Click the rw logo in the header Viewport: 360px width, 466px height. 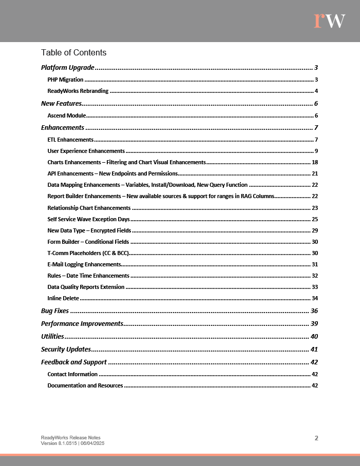click(x=329, y=21)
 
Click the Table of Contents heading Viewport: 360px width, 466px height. click(x=73, y=52)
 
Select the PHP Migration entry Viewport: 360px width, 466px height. click(x=65, y=80)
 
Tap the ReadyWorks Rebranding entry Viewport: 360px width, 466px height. click(x=78, y=91)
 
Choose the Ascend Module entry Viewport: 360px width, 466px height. click(x=66, y=115)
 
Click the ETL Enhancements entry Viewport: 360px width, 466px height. click(x=70, y=140)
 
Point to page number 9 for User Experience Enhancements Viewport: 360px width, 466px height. click(x=316, y=151)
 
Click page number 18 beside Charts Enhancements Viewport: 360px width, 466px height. click(x=315, y=162)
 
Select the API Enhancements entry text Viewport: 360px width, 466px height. click(x=112, y=173)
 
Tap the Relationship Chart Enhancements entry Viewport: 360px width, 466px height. click(x=89, y=208)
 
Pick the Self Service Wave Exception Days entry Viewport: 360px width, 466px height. click(x=88, y=219)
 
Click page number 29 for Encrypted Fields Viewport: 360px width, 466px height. click(x=315, y=230)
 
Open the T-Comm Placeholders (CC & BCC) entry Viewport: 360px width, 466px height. click(x=88, y=253)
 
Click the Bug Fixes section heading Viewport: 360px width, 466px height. click(x=55, y=310)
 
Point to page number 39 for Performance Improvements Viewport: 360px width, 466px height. click(x=314, y=323)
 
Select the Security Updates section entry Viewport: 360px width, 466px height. click(x=66, y=349)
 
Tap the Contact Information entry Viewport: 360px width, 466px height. click(x=72, y=374)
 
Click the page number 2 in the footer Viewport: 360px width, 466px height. click(x=316, y=438)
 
